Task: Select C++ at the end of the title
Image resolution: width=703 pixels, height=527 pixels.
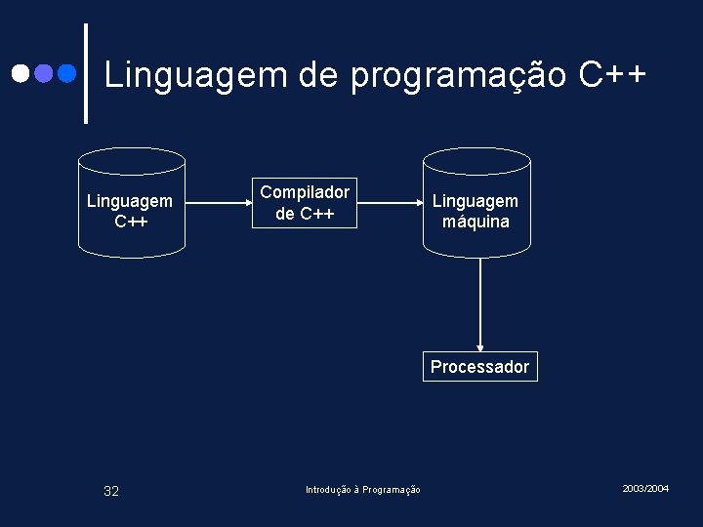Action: coord(612,74)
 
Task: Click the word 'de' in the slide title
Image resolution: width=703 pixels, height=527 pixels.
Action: coord(320,74)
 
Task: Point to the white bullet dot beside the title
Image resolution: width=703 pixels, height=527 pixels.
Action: coord(20,73)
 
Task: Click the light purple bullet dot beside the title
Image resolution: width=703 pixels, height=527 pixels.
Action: coord(43,73)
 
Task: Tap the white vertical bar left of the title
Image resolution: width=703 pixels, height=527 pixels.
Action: coord(86,73)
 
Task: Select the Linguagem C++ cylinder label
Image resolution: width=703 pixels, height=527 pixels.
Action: coord(130,211)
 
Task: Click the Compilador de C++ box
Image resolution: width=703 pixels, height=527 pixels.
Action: coord(305,202)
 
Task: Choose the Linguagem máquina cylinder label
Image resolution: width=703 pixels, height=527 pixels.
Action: coord(476,211)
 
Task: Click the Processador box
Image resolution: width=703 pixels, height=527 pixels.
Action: coord(479,366)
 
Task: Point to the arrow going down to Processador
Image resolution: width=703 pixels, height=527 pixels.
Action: coord(479,303)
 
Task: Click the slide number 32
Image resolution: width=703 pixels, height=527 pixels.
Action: coord(111,491)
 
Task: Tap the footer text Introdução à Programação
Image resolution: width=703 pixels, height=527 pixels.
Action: coord(363,490)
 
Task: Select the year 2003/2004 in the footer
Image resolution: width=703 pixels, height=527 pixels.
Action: coord(645,487)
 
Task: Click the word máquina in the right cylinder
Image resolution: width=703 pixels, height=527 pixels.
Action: coord(476,222)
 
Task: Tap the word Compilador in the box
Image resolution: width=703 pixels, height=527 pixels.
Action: coord(305,192)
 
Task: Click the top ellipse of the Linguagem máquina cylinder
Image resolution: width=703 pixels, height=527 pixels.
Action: coord(476,161)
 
